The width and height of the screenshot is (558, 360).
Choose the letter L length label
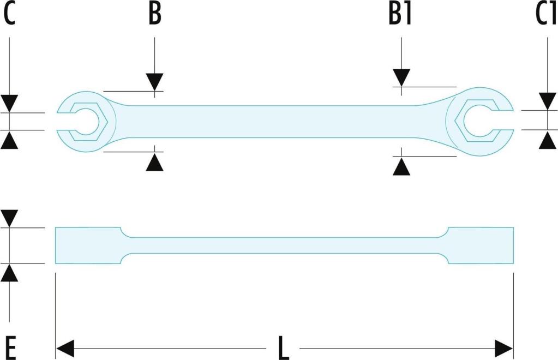click(x=283, y=347)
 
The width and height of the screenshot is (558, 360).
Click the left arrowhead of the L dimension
click(x=65, y=348)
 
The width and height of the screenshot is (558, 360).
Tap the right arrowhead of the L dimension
click(x=504, y=348)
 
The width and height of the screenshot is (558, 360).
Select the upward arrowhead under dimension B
click(x=154, y=163)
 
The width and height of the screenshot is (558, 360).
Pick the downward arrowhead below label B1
click(x=401, y=78)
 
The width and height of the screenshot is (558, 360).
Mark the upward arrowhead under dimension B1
click(x=401, y=166)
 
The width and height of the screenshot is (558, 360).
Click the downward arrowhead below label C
click(x=9, y=104)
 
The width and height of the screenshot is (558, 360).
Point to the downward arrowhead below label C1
click(x=548, y=101)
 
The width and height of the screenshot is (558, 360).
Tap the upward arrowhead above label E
click(x=9, y=273)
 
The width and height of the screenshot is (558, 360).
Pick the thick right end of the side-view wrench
click(x=481, y=245)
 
